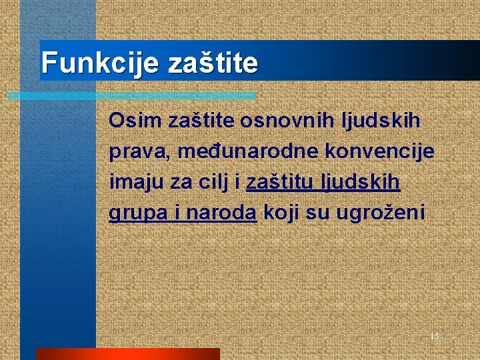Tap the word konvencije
(x=379, y=151)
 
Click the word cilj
(x=213, y=182)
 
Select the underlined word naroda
(x=221, y=213)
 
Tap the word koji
(x=283, y=213)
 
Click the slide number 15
(x=434, y=336)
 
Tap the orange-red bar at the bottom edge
(x=127, y=354)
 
